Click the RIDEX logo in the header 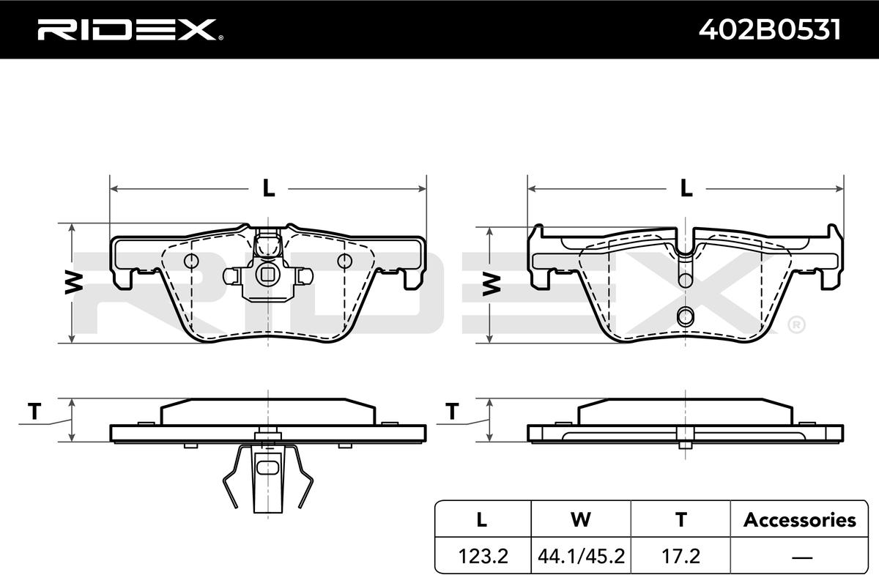(130, 30)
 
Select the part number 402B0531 (770, 30)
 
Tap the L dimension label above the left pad (268, 188)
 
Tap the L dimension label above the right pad (686, 188)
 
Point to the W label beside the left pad (74, 282)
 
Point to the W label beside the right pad (492, 284)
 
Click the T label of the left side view (34, 412)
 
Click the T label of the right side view (452, 412)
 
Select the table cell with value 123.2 (483, 556)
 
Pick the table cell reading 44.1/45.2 (581, 556)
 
